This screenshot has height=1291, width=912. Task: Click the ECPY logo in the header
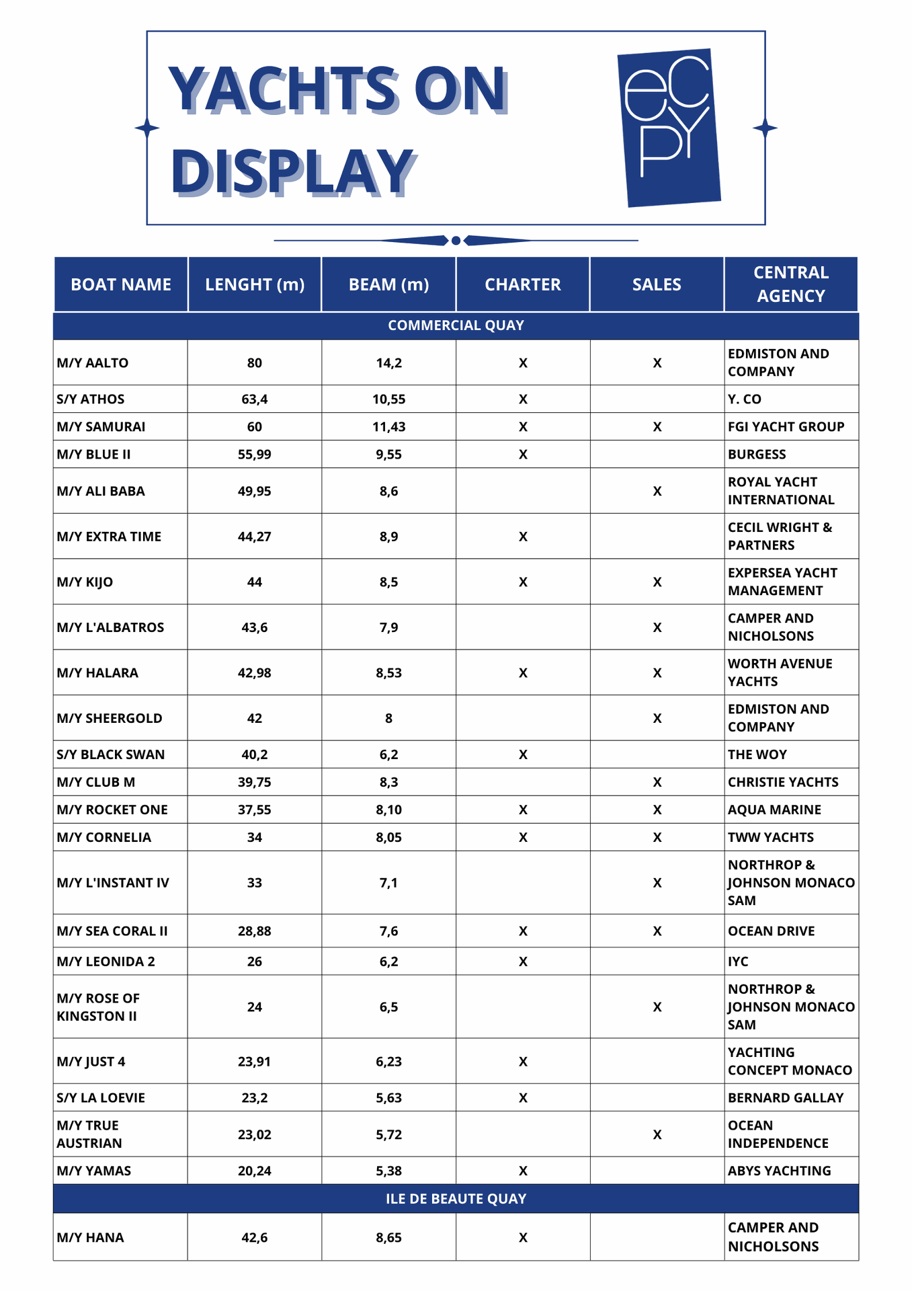[669, 127]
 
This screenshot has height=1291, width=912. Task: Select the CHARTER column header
[522, 284]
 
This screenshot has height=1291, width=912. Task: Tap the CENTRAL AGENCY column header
[790, 284]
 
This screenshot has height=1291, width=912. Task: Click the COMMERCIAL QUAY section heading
[456, 325]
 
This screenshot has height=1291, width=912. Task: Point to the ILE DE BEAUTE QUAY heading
[456, 1198]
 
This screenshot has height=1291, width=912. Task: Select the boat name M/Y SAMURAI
[101, 426]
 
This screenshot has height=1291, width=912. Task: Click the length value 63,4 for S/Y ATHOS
[254, 399]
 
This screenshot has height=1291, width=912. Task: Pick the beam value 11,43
[388, 426]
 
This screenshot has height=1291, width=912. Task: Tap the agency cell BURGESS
[756, 454]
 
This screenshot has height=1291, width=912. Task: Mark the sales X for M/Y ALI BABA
[657, 491]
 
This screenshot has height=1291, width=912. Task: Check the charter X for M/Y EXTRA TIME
[523, 537]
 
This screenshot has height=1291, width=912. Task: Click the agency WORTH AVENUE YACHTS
[780, 672]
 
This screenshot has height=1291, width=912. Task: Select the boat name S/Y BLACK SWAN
[110, 754]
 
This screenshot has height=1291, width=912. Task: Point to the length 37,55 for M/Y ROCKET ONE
[254, 810]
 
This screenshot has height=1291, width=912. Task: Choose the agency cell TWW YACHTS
[770, 837]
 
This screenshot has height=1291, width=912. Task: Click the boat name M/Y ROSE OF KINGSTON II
[98, 1007]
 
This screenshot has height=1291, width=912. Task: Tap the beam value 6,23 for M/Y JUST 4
[388, 1061]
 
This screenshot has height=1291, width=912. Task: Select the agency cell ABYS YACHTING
[779, 1171]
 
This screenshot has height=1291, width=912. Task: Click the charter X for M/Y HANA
[523, 1237]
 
